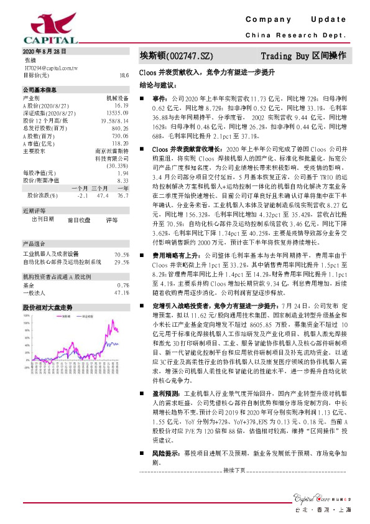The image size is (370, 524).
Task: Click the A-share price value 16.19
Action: coord(121,106)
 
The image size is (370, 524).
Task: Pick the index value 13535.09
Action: coord(118,113)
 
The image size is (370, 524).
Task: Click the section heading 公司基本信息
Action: coord(39,90)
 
